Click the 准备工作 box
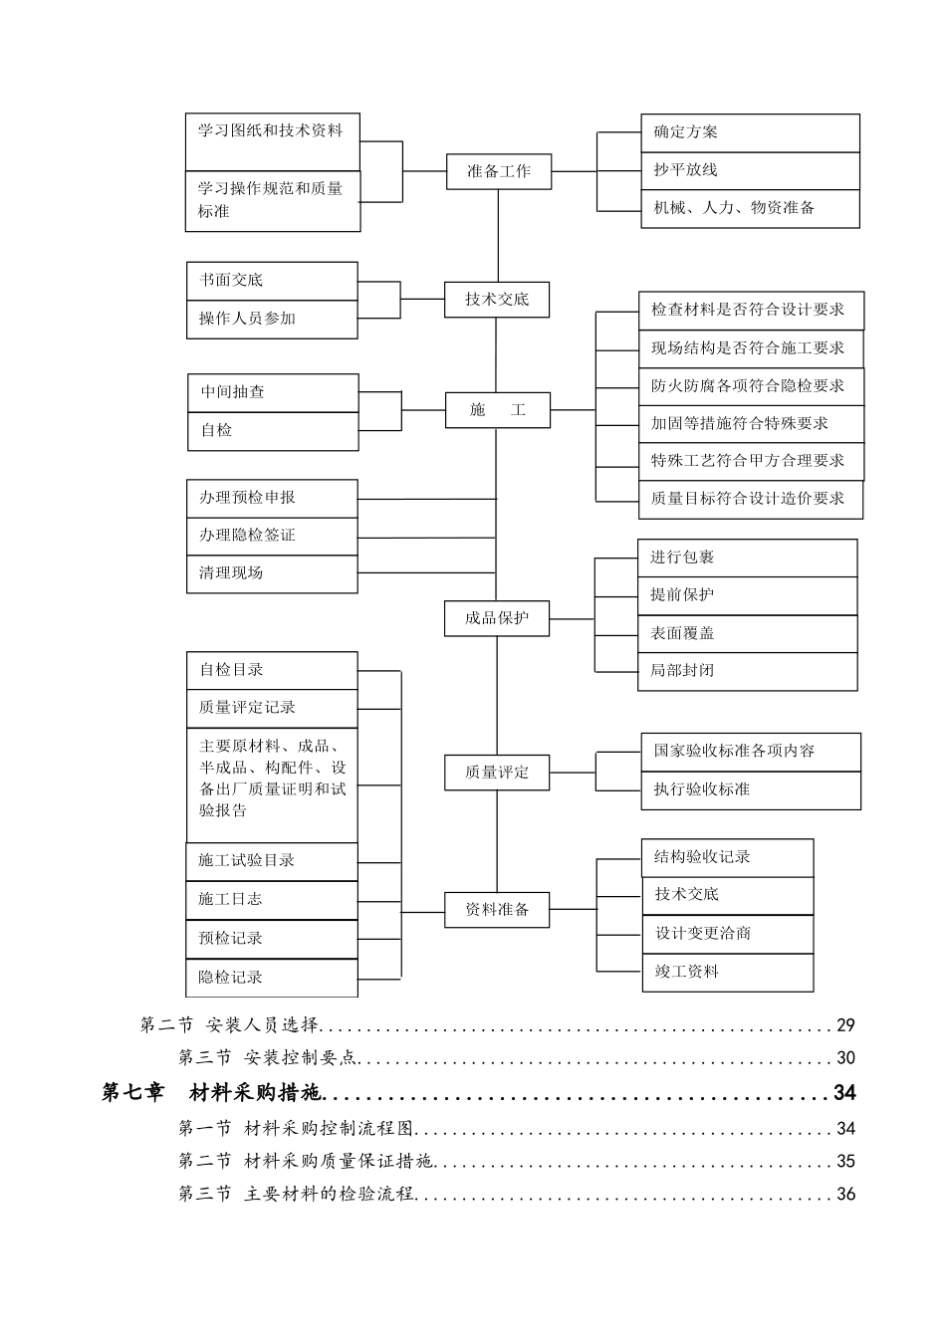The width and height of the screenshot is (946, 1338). point(497,171)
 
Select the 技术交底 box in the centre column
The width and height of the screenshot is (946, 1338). point(497,300)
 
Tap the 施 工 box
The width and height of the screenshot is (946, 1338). point(497,409)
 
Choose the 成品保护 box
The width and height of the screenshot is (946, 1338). point(497,618)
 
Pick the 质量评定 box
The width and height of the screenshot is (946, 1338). point(497,772)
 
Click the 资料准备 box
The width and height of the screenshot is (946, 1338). point(497,909)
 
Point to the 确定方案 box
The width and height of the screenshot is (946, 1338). point(749,132)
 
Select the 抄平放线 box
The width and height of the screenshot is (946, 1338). point(749,170)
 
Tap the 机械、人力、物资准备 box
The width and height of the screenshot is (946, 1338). point(749,208)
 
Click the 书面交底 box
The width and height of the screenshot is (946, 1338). point(272,281)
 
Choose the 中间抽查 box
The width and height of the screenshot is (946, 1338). point(273,392)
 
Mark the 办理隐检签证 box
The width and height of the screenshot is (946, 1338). point(272,536)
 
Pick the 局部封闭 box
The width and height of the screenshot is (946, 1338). point(747,671)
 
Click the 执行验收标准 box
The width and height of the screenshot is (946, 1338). point(751,789)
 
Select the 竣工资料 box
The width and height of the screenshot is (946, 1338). point(728,972)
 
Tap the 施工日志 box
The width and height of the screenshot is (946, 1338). point(271,899)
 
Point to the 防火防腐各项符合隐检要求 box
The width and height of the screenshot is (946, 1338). point(751,385)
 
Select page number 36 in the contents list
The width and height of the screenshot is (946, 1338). point(845,1194)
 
